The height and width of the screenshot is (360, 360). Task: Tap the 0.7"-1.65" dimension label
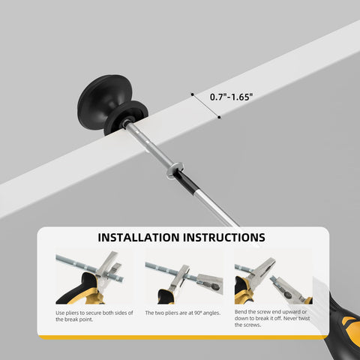pos(231,97)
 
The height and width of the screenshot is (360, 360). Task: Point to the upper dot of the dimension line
pos(192,94)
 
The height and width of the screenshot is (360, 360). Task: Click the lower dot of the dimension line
pos(219,117)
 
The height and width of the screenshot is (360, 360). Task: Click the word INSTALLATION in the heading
pos(139,238)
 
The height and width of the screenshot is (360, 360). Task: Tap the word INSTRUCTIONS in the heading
pos(224,238)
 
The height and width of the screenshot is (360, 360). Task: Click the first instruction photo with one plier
pos(94,276)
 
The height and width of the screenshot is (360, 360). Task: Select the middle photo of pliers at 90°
pos(184,276)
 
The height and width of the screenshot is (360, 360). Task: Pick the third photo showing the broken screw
pos(274,276)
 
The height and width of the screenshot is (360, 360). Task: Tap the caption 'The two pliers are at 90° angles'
pos(183,313)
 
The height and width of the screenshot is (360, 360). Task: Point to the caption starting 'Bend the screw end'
pos(272,318)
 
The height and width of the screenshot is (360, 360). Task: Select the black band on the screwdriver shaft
pos(185,181)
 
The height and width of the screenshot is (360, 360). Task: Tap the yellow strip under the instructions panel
pos(182,337)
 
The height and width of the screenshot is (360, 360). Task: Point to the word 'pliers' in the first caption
pos(72,313)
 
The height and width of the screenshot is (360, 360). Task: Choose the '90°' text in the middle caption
pos(198,313)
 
